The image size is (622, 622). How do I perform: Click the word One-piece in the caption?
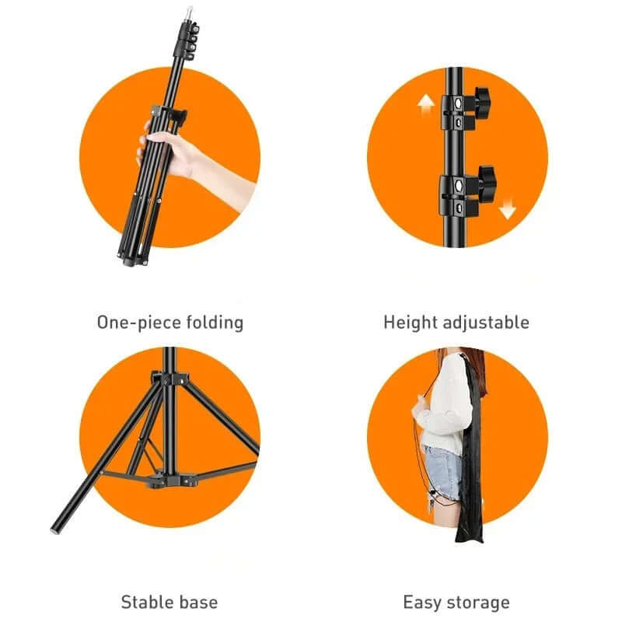point(128,322)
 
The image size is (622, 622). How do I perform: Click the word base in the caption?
point(199,602)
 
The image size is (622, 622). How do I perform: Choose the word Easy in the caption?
point(423,602)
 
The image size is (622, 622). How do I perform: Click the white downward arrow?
point(508,208)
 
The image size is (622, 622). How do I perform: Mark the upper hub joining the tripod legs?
point(169,380)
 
